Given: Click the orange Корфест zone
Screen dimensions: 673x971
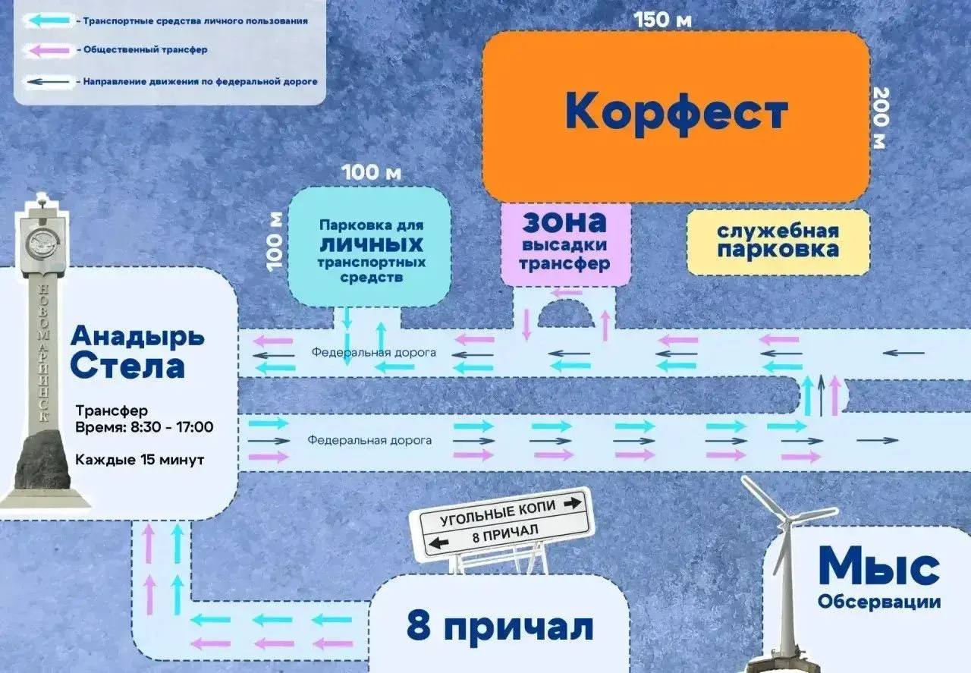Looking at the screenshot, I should (x=676, y=114).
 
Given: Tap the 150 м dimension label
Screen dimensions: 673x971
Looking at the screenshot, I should (x=663, y=20).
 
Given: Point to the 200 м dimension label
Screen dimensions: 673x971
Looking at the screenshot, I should (x=879, y=118).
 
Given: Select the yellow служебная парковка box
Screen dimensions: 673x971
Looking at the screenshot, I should (x=778, y=241).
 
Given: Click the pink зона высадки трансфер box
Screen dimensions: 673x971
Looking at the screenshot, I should (x=565, y=243).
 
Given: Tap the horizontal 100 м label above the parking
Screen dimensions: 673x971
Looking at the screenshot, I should (x=371, y=171).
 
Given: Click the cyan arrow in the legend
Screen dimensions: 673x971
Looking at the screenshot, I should (x=46, y=21).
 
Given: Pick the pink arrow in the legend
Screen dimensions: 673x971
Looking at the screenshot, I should (x=46, y=50).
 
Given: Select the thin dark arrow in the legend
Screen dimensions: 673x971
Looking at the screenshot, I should (x=46, y=80).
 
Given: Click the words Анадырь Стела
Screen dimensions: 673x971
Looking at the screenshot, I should (x=137, y=351).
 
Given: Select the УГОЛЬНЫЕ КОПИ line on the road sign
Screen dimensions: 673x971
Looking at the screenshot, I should (x=501, y=515).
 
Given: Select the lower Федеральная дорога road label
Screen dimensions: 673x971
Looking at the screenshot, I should (x=369, y=440).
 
